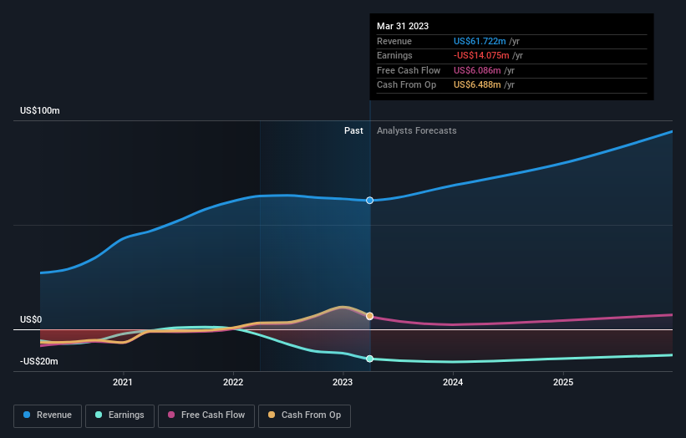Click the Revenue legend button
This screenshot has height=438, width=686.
point(48,415)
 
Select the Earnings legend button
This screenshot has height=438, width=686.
point(119,415)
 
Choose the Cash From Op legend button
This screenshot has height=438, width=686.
point(305,415)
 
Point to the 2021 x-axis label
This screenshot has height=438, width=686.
point(123,383)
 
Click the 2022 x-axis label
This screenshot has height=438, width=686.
point(233,383)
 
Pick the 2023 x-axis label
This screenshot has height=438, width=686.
point(343,383)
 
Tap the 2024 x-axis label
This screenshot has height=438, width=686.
point(453,383)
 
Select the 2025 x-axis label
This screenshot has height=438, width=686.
point(563,383)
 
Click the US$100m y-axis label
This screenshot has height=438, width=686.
point(41,111)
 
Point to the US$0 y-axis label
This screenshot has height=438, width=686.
point(31,320)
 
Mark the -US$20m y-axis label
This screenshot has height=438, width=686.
point(39,361)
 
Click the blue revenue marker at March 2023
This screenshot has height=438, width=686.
point(370,201)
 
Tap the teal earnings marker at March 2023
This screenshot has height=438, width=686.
point(370,359)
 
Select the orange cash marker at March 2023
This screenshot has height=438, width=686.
point(370,316)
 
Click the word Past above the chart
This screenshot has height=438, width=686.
point(353,130)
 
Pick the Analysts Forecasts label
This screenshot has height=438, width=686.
point(417,130)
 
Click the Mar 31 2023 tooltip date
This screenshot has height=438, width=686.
point(403,26)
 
